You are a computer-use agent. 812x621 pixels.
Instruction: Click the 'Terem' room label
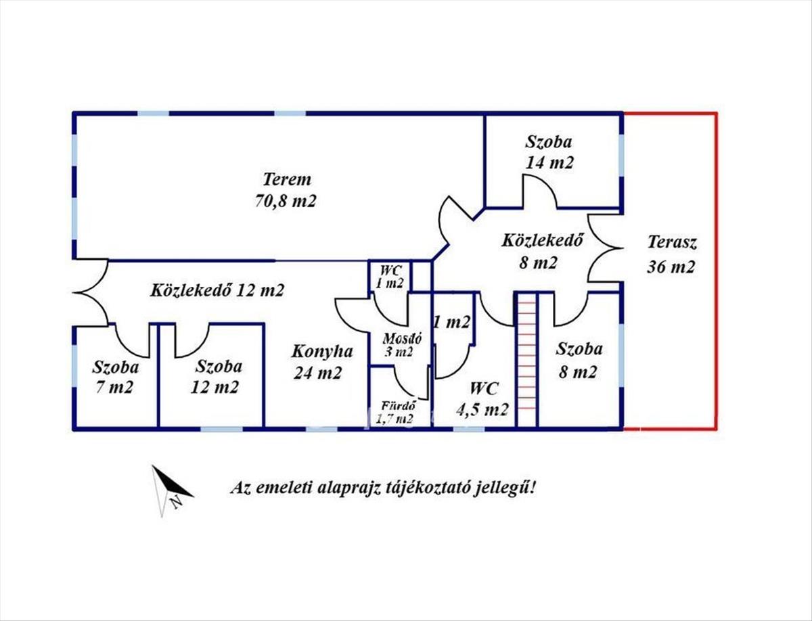point(287,180)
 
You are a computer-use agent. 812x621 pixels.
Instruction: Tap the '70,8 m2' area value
point(287,201)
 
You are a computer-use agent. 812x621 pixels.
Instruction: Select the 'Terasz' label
point(671,241)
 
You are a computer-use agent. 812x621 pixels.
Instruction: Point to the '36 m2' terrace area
point(671,266)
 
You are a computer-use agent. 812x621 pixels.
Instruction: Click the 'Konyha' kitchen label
point(322,352)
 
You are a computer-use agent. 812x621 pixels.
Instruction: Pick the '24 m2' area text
point(318,373)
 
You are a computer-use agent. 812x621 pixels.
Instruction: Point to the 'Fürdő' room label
point(397,407)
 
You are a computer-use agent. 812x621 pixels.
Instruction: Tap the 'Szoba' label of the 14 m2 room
point(549,142)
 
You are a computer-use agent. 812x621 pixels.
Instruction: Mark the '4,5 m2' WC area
point(485,410)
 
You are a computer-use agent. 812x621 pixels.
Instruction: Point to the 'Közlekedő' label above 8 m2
point(543,240)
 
